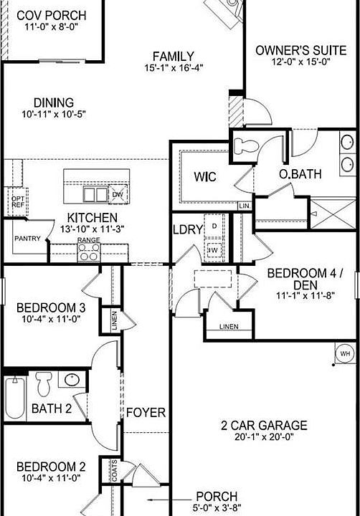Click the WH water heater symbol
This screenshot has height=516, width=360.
click(345, 353)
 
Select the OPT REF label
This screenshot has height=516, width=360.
click(18, 201)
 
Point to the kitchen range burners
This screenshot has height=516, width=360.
click(88, 252)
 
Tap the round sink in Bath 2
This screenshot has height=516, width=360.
click(72, 381)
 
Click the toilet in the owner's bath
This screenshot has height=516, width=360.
click(246, 143)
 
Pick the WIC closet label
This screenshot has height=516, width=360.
click(206, 176)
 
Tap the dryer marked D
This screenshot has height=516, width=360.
click(213, 226)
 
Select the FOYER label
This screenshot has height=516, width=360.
click(146, 413)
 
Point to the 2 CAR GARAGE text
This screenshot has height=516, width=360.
click(264, 425)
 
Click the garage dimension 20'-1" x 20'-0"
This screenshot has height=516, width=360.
click(264, 436)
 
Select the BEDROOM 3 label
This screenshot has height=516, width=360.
click(51, 308)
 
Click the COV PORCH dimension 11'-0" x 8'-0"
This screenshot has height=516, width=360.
click(51, 27)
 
